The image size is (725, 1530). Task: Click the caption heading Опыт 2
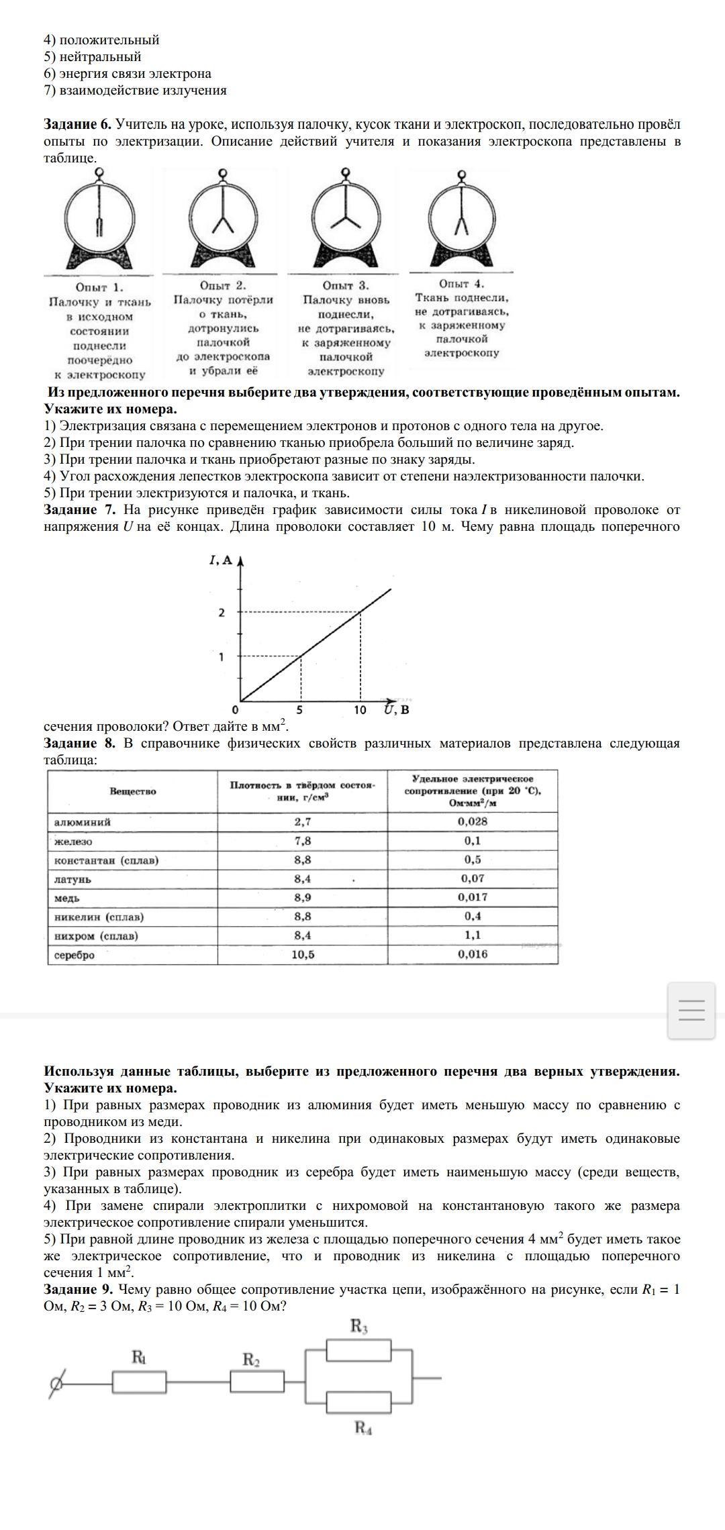(x=223, y=286)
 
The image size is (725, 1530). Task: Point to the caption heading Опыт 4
(x=461, y=284)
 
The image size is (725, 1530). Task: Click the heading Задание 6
(x=77, y=125)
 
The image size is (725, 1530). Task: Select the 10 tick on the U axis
(x=360, y=710)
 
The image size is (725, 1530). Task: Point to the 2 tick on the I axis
(x=222, y=613)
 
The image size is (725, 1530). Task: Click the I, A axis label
(x=221, y=560)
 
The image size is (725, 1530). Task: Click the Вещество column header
(x=132, y=791)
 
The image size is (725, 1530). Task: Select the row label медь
(x=67, y=898)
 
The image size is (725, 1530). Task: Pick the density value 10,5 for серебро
(x=303, y=954)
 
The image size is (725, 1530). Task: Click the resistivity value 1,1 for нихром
(x=473, y=935)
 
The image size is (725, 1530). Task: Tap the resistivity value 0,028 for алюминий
(x=473, y=821)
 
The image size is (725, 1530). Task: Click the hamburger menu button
(x=691, y=1011)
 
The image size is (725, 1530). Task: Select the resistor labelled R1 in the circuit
(x=139, y=1382)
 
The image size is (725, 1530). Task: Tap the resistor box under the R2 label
(x=256, y=1382)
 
